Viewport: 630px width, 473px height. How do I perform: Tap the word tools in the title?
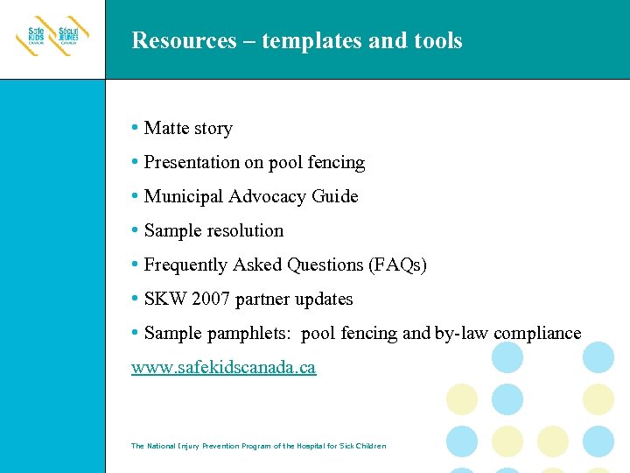click(x=437, y=40)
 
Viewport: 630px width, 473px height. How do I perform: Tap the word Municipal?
click(x=181, y=197)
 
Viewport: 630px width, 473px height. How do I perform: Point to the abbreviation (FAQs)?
click(x=397, y=265)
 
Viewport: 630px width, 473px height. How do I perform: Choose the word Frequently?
click(x=185, y=265)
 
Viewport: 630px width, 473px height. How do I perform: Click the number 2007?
click(x=210, y=300)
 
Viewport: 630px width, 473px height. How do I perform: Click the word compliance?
click(x=537, y=334)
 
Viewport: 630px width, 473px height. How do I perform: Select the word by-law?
click(x=462, y=334)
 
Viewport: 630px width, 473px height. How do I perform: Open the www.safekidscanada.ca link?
click(x=223, y=368)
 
